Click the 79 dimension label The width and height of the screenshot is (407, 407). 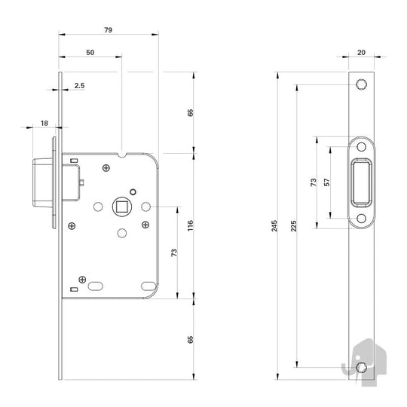[109, 30]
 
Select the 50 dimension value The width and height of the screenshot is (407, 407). [90, 53]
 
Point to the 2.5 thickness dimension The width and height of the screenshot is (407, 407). [79, 86]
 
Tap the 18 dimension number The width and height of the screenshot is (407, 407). [44, 124]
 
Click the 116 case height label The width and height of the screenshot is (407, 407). [190, 225]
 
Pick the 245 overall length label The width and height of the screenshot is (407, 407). [274, 226]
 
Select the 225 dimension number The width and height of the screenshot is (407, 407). [293, 226]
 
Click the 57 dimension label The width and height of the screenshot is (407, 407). [327, 182]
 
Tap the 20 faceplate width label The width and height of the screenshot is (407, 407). [361, 53]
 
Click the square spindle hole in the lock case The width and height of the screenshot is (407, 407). [122, 207]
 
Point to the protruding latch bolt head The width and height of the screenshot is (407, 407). [43, 182]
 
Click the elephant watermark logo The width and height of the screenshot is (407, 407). [365, 362]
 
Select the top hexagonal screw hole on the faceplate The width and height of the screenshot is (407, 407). [361, 84]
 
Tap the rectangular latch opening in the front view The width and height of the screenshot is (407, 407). [361, 182]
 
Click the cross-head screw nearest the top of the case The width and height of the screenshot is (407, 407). [106, 168]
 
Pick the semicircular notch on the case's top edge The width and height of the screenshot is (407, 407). [122, 155]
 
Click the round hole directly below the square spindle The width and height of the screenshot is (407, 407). [122, 233]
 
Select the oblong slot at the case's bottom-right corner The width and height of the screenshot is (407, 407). [148, 286]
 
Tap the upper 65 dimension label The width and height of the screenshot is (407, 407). [190, 112]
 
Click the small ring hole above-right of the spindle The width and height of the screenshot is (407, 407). [133, 192]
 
